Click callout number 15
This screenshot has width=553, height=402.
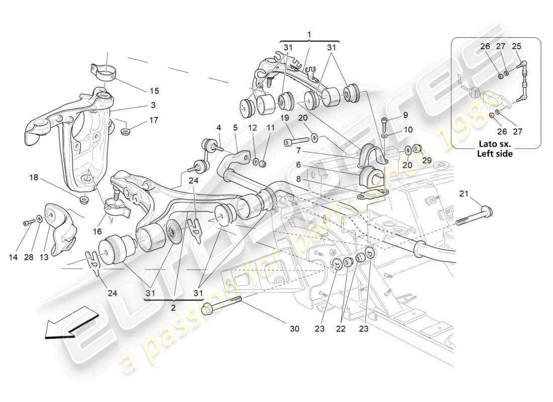[154, 91]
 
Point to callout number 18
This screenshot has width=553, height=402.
[34, 178]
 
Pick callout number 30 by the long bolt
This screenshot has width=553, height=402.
[295, 329]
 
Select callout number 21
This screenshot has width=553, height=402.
[463, 193]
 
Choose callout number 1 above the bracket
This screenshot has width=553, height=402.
[309, 35]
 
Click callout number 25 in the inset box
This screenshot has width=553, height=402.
[516, 46]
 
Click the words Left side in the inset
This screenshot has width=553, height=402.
[495, 154]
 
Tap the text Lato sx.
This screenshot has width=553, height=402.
[496, 145]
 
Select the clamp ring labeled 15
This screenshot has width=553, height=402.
[104, 72]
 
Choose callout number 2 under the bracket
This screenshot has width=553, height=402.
[173, 308]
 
